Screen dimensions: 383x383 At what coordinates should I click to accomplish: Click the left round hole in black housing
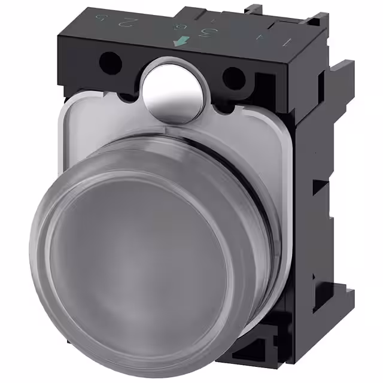pos(110,60)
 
